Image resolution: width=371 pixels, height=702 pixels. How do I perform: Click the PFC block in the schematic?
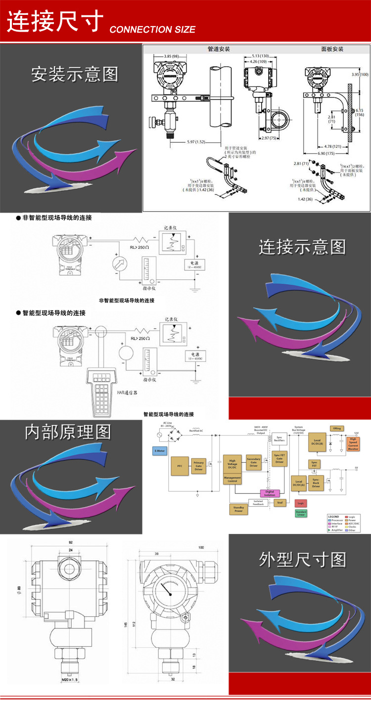179,466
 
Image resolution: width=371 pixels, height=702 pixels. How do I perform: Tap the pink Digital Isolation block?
270,493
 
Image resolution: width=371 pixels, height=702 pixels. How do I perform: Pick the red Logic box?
300,503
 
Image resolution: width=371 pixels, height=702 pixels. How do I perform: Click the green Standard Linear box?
301,513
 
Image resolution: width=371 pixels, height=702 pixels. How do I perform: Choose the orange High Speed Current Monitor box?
353,443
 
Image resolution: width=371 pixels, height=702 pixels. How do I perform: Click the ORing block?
336,429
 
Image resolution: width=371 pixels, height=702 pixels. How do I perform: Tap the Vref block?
279,503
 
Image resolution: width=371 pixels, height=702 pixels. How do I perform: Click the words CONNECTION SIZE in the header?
152,30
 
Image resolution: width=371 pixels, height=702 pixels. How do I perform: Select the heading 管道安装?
219,49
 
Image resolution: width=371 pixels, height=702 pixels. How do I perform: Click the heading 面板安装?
332,49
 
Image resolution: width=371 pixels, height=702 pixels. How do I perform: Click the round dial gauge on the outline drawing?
169,590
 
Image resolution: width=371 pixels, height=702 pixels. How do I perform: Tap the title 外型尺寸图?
302,560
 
